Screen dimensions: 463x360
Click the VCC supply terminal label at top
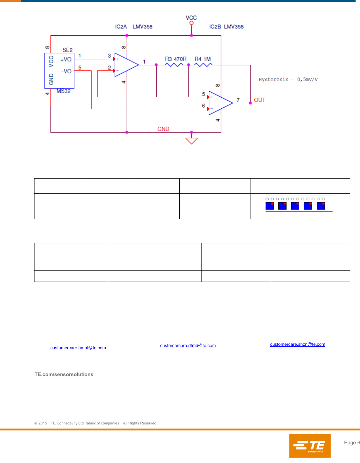pyautogui.click(x=191, y=18)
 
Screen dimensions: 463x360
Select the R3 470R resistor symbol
pyautogui.click(x=174, y=65)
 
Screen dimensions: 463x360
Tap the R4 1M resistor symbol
pyautogui.click(x=203, y=65)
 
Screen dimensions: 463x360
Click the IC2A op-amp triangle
pyautogui.click(x=126, y=65)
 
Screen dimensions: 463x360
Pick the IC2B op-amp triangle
pyautogui.click(x=220, y=103)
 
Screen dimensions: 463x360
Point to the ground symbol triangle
pyautogui.click(x=191, y=141)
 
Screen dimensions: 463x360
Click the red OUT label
pyautogui.click(x=259, y=100)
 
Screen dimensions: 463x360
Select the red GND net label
pyautogui.click(x=163, y=129)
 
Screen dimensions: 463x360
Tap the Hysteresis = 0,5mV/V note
pyautogui.click(x=288, y=80)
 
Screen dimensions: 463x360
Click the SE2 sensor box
pyautogui.click(x=59, y=71)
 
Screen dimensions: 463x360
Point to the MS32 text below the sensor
pyautogui.click(x=63, y=91)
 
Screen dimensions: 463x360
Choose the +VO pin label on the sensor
pyautogui.click(x=66, y=59)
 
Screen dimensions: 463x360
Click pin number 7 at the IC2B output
pyautogui.click(x=238, y=100)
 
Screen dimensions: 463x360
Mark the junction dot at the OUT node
pyautogui.click(x=250, y=103)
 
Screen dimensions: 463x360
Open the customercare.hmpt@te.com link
pyautogui.click(x=78, y=348)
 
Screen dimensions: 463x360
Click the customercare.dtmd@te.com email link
pyautogui.click(x=188, y=346)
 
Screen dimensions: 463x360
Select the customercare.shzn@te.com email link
pyautogui.click(x=297, y=344)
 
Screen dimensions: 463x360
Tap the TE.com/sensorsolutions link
pyautogui.click(x=64, y=375)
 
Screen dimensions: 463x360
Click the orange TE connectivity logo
pyautogui.click(x=310, y=446)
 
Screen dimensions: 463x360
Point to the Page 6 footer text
pyautogui.click(x=352, y=443)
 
